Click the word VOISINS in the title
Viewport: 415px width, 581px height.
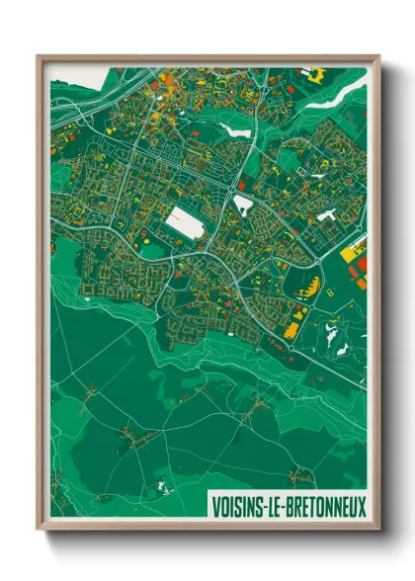(x=239, y=507)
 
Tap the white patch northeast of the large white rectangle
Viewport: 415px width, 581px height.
(x=243, y=205)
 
